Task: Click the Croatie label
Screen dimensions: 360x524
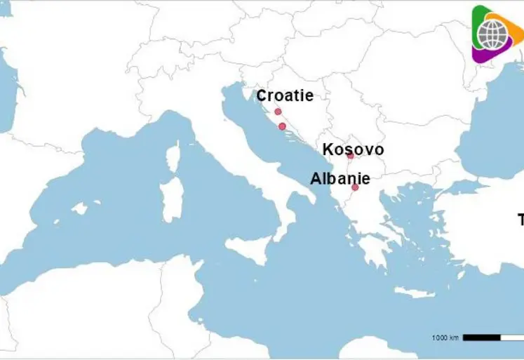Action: (284, 96)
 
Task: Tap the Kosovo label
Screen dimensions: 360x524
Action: (353, 149)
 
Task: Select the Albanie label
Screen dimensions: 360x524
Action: (340, 179)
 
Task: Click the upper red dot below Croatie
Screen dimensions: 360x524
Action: (278, 112)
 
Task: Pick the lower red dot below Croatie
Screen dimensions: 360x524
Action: (282, 126)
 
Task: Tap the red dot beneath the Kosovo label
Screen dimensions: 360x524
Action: (350, 156)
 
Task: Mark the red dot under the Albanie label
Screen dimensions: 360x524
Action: (355, 187)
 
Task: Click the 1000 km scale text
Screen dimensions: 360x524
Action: (445, 338)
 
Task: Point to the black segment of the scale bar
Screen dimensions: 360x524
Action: (482, 338)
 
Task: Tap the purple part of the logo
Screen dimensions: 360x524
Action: (484, 55)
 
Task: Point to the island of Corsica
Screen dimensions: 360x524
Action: (173, 156)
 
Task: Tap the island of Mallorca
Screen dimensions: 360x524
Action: (80, 208)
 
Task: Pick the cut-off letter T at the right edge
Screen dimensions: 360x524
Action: (520, 220)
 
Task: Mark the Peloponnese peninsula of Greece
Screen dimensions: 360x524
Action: (369, 249)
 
